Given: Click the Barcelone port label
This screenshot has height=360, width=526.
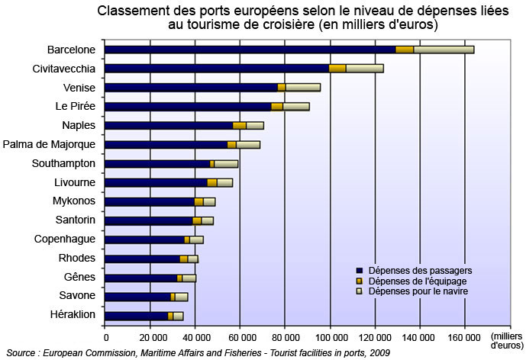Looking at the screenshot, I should tap(71, 50).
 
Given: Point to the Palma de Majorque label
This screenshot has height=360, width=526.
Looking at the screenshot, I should tap(50, 144).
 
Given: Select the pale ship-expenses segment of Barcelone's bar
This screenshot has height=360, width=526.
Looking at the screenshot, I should tap(444, 50).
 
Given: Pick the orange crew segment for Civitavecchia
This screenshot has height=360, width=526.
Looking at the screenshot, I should tap(337, 69).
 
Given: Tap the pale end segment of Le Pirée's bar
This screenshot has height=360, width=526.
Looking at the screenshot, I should tap(296, 107).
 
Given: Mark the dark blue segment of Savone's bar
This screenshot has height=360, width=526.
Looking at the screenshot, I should tap(137, 297).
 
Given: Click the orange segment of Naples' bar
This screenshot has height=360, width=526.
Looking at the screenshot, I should tap(240, 126).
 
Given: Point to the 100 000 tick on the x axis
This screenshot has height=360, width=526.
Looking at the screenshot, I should tap(330, 336).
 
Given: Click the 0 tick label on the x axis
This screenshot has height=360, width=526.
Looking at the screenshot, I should tap(105, 336).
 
